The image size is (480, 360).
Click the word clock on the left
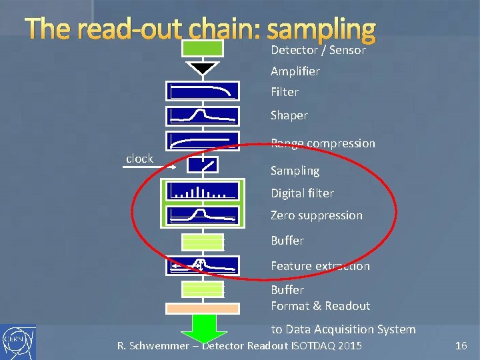pyautogui.click(x=139, y=159)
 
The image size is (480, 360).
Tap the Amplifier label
pyautogui.click(x=295, y=71)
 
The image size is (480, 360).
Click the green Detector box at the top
pyautogui.click(x=203, y=48)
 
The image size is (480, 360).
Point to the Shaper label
pyautogui.click(x=289, y=115)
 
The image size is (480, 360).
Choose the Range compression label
pyautogui.click(x=323, y=143)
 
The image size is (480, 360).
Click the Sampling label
pyautogui.click(x=295, y=171)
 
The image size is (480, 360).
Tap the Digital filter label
pyautogui.click(x=302, y=193)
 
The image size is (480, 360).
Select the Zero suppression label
pyautogui.click(x=316, y=215)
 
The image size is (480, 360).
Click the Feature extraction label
pyautogui.click(x=320, y=266)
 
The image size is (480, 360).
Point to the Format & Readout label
pyautogui.click(x=320, y=306)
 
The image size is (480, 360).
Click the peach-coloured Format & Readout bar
pyautogui.click(x=203, y=309)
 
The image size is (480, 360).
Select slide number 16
pyautogui.click(x=461, y=345)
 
